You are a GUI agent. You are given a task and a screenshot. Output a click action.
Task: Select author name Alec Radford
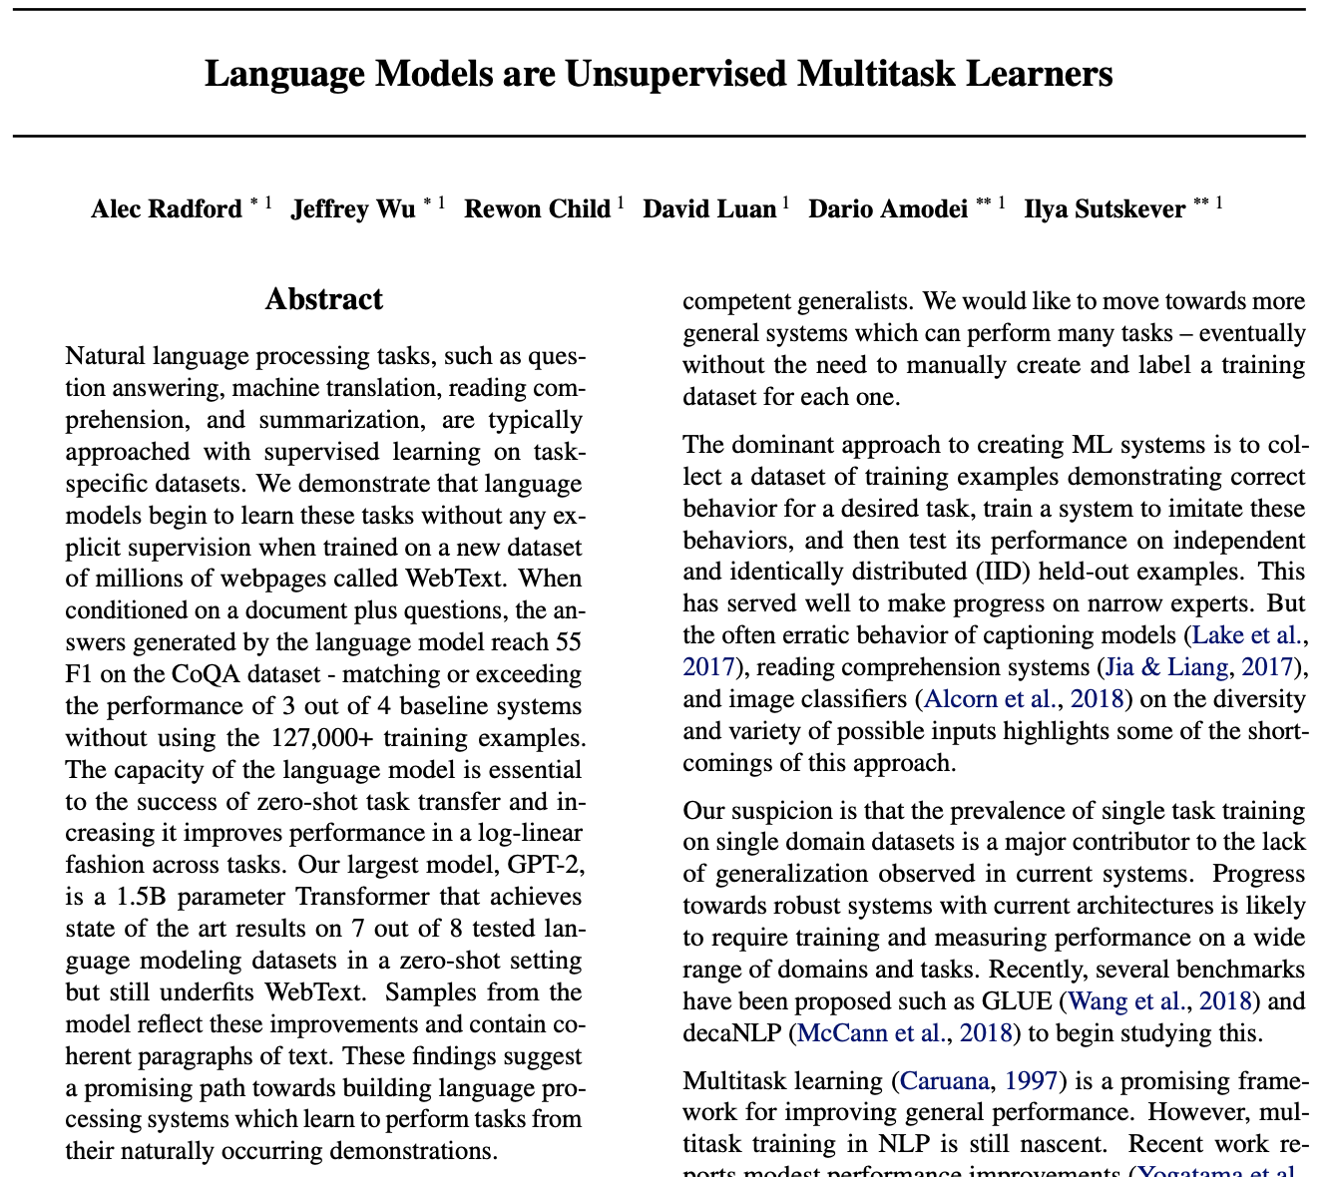(x=166, y=209)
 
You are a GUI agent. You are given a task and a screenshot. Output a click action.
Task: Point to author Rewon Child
(x=537, y=209)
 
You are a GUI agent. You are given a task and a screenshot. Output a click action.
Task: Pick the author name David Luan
(x=708, y=209)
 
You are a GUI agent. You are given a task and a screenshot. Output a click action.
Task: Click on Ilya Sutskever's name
(x=1105, y=209)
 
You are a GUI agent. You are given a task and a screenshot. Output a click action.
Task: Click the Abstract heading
(x=324, y=299)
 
